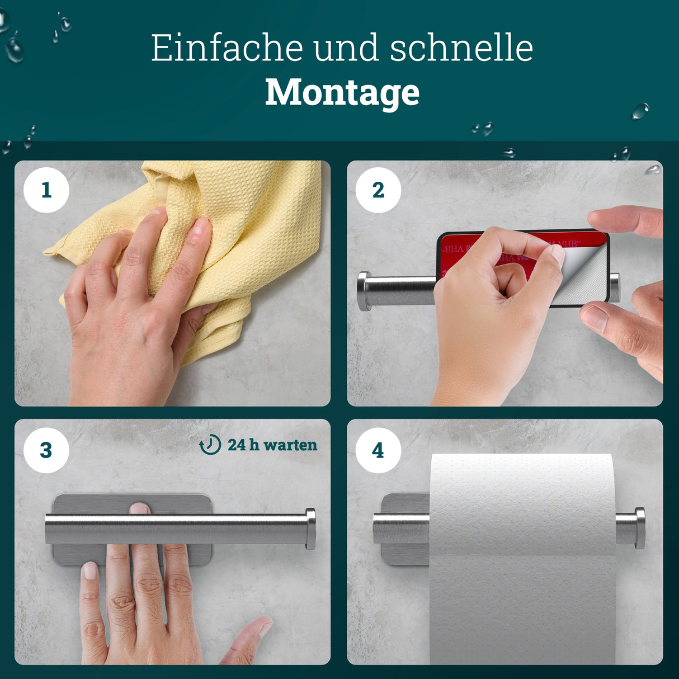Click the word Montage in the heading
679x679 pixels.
[342, 92]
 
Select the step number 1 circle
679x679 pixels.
[46, 190]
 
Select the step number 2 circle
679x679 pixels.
[378, 190]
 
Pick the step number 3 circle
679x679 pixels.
[46, 450]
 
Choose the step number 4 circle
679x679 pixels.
[378, 450]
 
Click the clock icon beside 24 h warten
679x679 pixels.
[210, 445]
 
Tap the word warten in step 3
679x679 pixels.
[290, 445]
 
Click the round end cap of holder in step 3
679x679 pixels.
[310, 528]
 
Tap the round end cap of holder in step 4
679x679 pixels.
[639, 528]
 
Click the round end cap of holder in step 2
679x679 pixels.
[364, 291]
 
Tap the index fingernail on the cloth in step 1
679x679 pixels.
[200, 226]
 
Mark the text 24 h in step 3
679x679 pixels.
[243, 445]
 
